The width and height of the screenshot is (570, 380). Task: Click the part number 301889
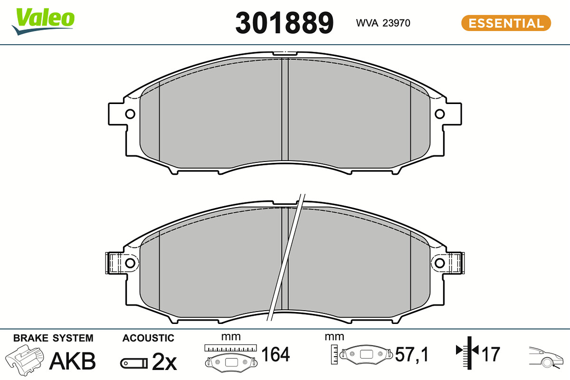(284, 23)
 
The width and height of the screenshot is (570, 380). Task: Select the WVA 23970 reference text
(383, 23)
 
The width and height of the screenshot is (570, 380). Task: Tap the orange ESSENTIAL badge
(506, 23)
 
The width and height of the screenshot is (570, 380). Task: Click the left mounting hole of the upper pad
(130, 114)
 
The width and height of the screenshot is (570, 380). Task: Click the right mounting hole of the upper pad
(440, 114)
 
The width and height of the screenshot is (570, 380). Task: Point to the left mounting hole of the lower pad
(130, 263)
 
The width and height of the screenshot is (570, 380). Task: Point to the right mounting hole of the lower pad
(440, 263)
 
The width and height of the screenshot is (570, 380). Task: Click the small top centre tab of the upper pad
(285, 54)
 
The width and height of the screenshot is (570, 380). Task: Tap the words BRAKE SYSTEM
(53, 338)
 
